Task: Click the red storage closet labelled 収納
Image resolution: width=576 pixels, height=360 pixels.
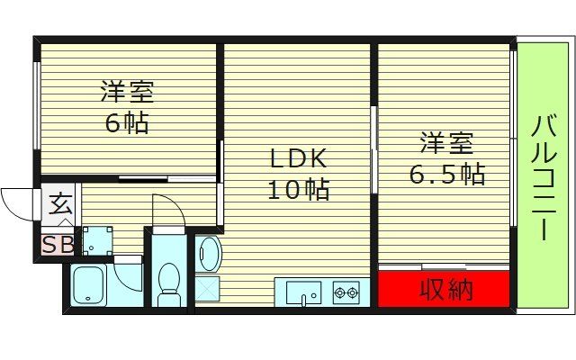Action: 444,290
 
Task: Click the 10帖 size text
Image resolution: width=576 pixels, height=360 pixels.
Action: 297,190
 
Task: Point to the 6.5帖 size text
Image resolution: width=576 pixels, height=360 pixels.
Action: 446,173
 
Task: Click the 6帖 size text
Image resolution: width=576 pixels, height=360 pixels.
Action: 126,122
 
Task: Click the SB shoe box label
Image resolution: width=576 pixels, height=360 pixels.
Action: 58,244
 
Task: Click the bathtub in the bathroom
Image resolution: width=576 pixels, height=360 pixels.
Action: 89,286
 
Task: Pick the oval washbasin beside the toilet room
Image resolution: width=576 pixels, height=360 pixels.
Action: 209,253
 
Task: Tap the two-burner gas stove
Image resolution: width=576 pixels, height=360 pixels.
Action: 346,292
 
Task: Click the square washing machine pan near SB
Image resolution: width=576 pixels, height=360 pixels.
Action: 95,241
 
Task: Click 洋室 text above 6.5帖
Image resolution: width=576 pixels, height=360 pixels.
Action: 446,143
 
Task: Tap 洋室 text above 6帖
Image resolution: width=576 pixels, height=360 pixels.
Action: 126,93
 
